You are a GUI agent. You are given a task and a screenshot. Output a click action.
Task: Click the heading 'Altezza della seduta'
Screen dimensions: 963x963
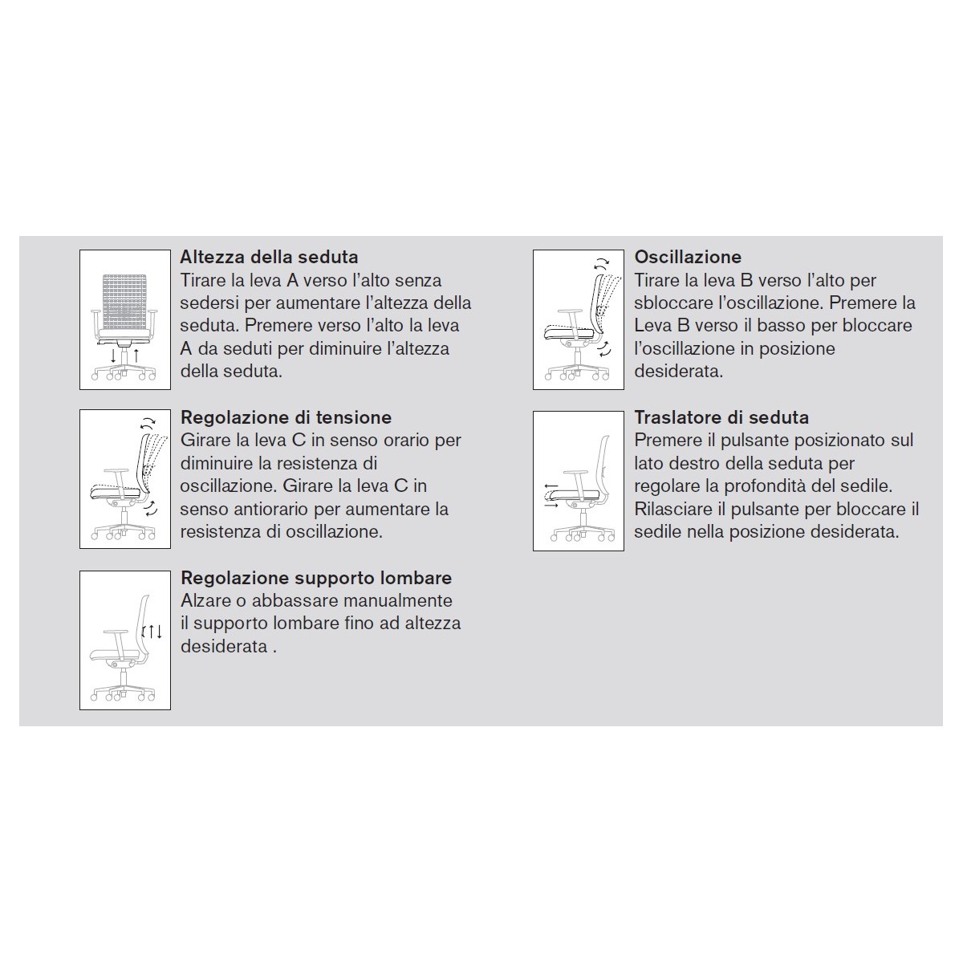(x=269, y=258)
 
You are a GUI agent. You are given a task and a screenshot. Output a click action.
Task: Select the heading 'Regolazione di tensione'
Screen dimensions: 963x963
(x=286, y=418)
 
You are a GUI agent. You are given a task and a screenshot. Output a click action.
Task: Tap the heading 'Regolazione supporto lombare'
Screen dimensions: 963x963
(x=316, y=579)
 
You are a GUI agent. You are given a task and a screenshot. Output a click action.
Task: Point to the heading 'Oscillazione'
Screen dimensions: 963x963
(x=688, y=258)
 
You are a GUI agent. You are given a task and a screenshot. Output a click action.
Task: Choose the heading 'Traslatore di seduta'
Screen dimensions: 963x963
(x=721, y=418)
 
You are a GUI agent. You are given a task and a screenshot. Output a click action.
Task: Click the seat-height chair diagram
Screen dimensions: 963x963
(x=125, y=320)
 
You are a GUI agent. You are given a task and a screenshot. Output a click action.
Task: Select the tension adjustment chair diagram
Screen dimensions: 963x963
(x=125, y=480)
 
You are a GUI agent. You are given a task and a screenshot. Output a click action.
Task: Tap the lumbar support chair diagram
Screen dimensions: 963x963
(x=125, y=640)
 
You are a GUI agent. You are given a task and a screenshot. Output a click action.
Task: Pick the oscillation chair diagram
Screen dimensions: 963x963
(x=579, y=320)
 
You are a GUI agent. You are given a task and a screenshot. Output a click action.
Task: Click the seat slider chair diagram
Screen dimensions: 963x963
(x=579, y=481)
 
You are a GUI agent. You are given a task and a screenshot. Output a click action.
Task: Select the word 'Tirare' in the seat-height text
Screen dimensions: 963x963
(x=204, y=281)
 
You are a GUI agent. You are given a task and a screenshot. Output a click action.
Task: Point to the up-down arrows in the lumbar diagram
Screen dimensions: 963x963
(x=152, y=632)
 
